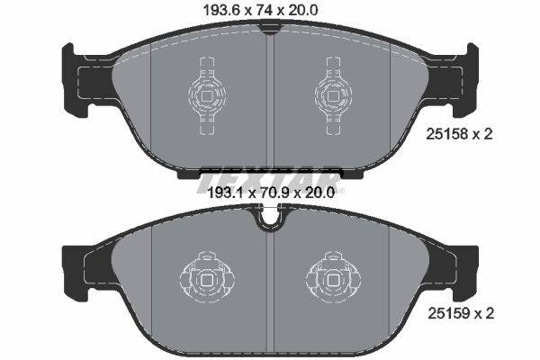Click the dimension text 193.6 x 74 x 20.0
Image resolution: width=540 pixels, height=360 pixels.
261,10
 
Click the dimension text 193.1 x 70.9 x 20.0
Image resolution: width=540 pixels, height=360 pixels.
272,193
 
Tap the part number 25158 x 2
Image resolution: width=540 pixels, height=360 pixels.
459,134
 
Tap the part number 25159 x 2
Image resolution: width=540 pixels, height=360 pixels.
461,313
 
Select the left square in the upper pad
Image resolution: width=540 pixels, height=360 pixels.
207,95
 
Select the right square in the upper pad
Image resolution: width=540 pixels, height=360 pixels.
333,95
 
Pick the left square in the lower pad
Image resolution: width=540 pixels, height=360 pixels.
207,280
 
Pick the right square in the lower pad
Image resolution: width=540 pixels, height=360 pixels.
333,280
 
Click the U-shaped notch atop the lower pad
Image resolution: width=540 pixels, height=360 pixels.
270,219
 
